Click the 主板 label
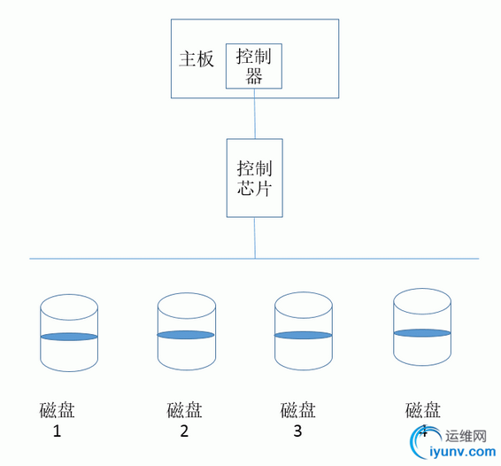[x=197, y=59]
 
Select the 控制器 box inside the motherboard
[x=254, y=66]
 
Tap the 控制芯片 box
[x=255, y=178]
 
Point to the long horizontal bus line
[x=133, y=259]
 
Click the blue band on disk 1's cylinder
[x=69, y=337]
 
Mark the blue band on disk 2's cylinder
[x=186, y=335]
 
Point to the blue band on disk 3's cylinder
[x=303, y=335]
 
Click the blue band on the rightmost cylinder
[x=421, y=332]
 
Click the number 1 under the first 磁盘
[x=58, y=432]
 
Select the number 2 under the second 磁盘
[x=184, y=432]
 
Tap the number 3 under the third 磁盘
[x=297, y=431]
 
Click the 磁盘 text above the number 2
[x=184, y=410]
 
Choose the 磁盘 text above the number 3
[x=298, y=410]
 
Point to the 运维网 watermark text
[x=466, y=436]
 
